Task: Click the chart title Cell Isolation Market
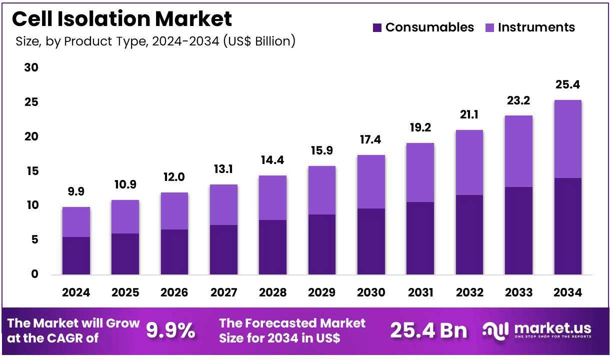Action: click(x=122, y=19)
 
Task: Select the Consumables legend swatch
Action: click(x=377, y=27)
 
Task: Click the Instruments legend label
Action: click(x=536, y=27)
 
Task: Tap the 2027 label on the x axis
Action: click(x=223, y=293)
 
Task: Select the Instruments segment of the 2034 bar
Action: click(x=567, y=139)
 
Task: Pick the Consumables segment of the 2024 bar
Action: click(x=76, y=255)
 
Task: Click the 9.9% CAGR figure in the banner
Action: click(x=170, y=330)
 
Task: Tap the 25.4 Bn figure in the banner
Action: click(x=428, y=330)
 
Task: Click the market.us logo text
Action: click(x=552, y=328)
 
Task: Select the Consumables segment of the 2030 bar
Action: click(x=370, y=241)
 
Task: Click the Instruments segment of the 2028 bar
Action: click(x=272, y=197)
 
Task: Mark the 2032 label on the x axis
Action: click(x=469, y=293)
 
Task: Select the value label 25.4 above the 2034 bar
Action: click(x=567, y=84)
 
